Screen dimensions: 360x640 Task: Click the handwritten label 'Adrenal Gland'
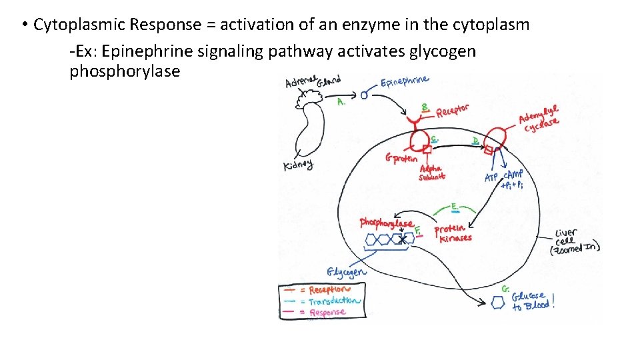[313, 82]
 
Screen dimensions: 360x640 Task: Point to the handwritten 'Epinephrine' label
[405, 83]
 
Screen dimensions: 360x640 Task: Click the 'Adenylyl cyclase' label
[540, 118]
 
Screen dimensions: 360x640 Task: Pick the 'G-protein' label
[401, 159]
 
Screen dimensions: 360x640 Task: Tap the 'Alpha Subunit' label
[431, 173]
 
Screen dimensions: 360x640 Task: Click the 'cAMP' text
[515, 175]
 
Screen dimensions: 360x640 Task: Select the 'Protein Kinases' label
[453, 233]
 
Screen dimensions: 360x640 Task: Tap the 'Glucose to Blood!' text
[532, 300]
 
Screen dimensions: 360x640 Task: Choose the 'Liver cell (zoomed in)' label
[574, 241]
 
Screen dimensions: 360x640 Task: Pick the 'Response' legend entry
[327, 311]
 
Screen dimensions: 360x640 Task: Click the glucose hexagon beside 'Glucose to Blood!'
[497, 302]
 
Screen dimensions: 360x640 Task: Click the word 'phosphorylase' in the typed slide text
[125, 71]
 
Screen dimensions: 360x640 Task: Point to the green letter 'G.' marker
[506, 289]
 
